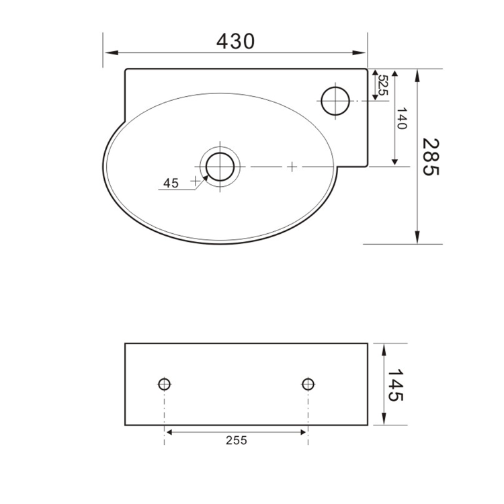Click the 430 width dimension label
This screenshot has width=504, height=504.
coord(236,42)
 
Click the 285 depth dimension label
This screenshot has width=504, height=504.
coord(431,157)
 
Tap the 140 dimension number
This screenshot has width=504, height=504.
coord(402,118)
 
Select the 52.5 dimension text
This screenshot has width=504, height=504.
coord(383,85)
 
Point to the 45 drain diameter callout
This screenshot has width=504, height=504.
coord(171,183)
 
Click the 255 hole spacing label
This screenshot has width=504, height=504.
coord(237,440)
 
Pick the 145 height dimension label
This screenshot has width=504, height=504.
coord(395,385)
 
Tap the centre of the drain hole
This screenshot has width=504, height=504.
coord(220,167)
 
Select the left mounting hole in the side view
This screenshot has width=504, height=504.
coord(164,384)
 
